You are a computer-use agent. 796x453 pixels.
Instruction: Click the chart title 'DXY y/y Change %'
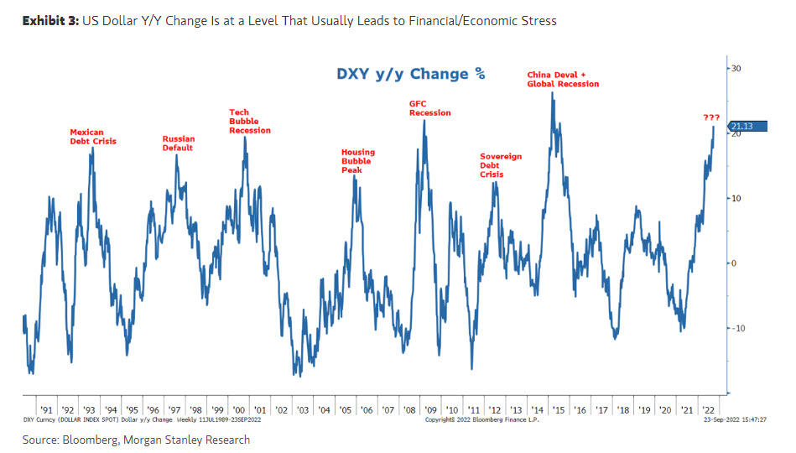coord(411,73)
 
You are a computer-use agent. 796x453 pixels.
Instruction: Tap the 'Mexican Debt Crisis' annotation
coord(93,137)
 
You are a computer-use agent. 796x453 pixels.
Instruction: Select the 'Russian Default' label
coord(178,143)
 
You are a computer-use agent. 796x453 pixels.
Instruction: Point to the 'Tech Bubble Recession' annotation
coord(250,122)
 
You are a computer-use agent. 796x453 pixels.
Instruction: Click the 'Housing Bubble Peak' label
coord(358,161)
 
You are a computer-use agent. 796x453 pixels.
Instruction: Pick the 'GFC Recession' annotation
coord(429,108)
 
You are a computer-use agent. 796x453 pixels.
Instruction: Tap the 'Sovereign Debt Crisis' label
coord(501,165)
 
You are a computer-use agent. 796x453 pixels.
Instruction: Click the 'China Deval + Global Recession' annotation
coord(563,80)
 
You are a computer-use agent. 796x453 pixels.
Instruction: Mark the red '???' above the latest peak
coord(711,117)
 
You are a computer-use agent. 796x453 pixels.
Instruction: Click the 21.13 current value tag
coord(744,127)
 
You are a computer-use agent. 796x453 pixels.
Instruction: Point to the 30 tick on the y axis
coord(736,68)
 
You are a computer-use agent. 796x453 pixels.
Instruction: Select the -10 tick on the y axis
coord(736,328)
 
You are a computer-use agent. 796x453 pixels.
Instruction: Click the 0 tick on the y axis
coord(732,263)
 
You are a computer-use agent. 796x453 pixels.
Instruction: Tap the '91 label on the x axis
coord(47,409)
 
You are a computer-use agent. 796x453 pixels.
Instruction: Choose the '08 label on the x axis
coord(408,409)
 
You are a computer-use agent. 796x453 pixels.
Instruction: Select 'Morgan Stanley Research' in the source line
coord(200,440)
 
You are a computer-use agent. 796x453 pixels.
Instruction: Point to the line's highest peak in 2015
coord(552,93)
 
